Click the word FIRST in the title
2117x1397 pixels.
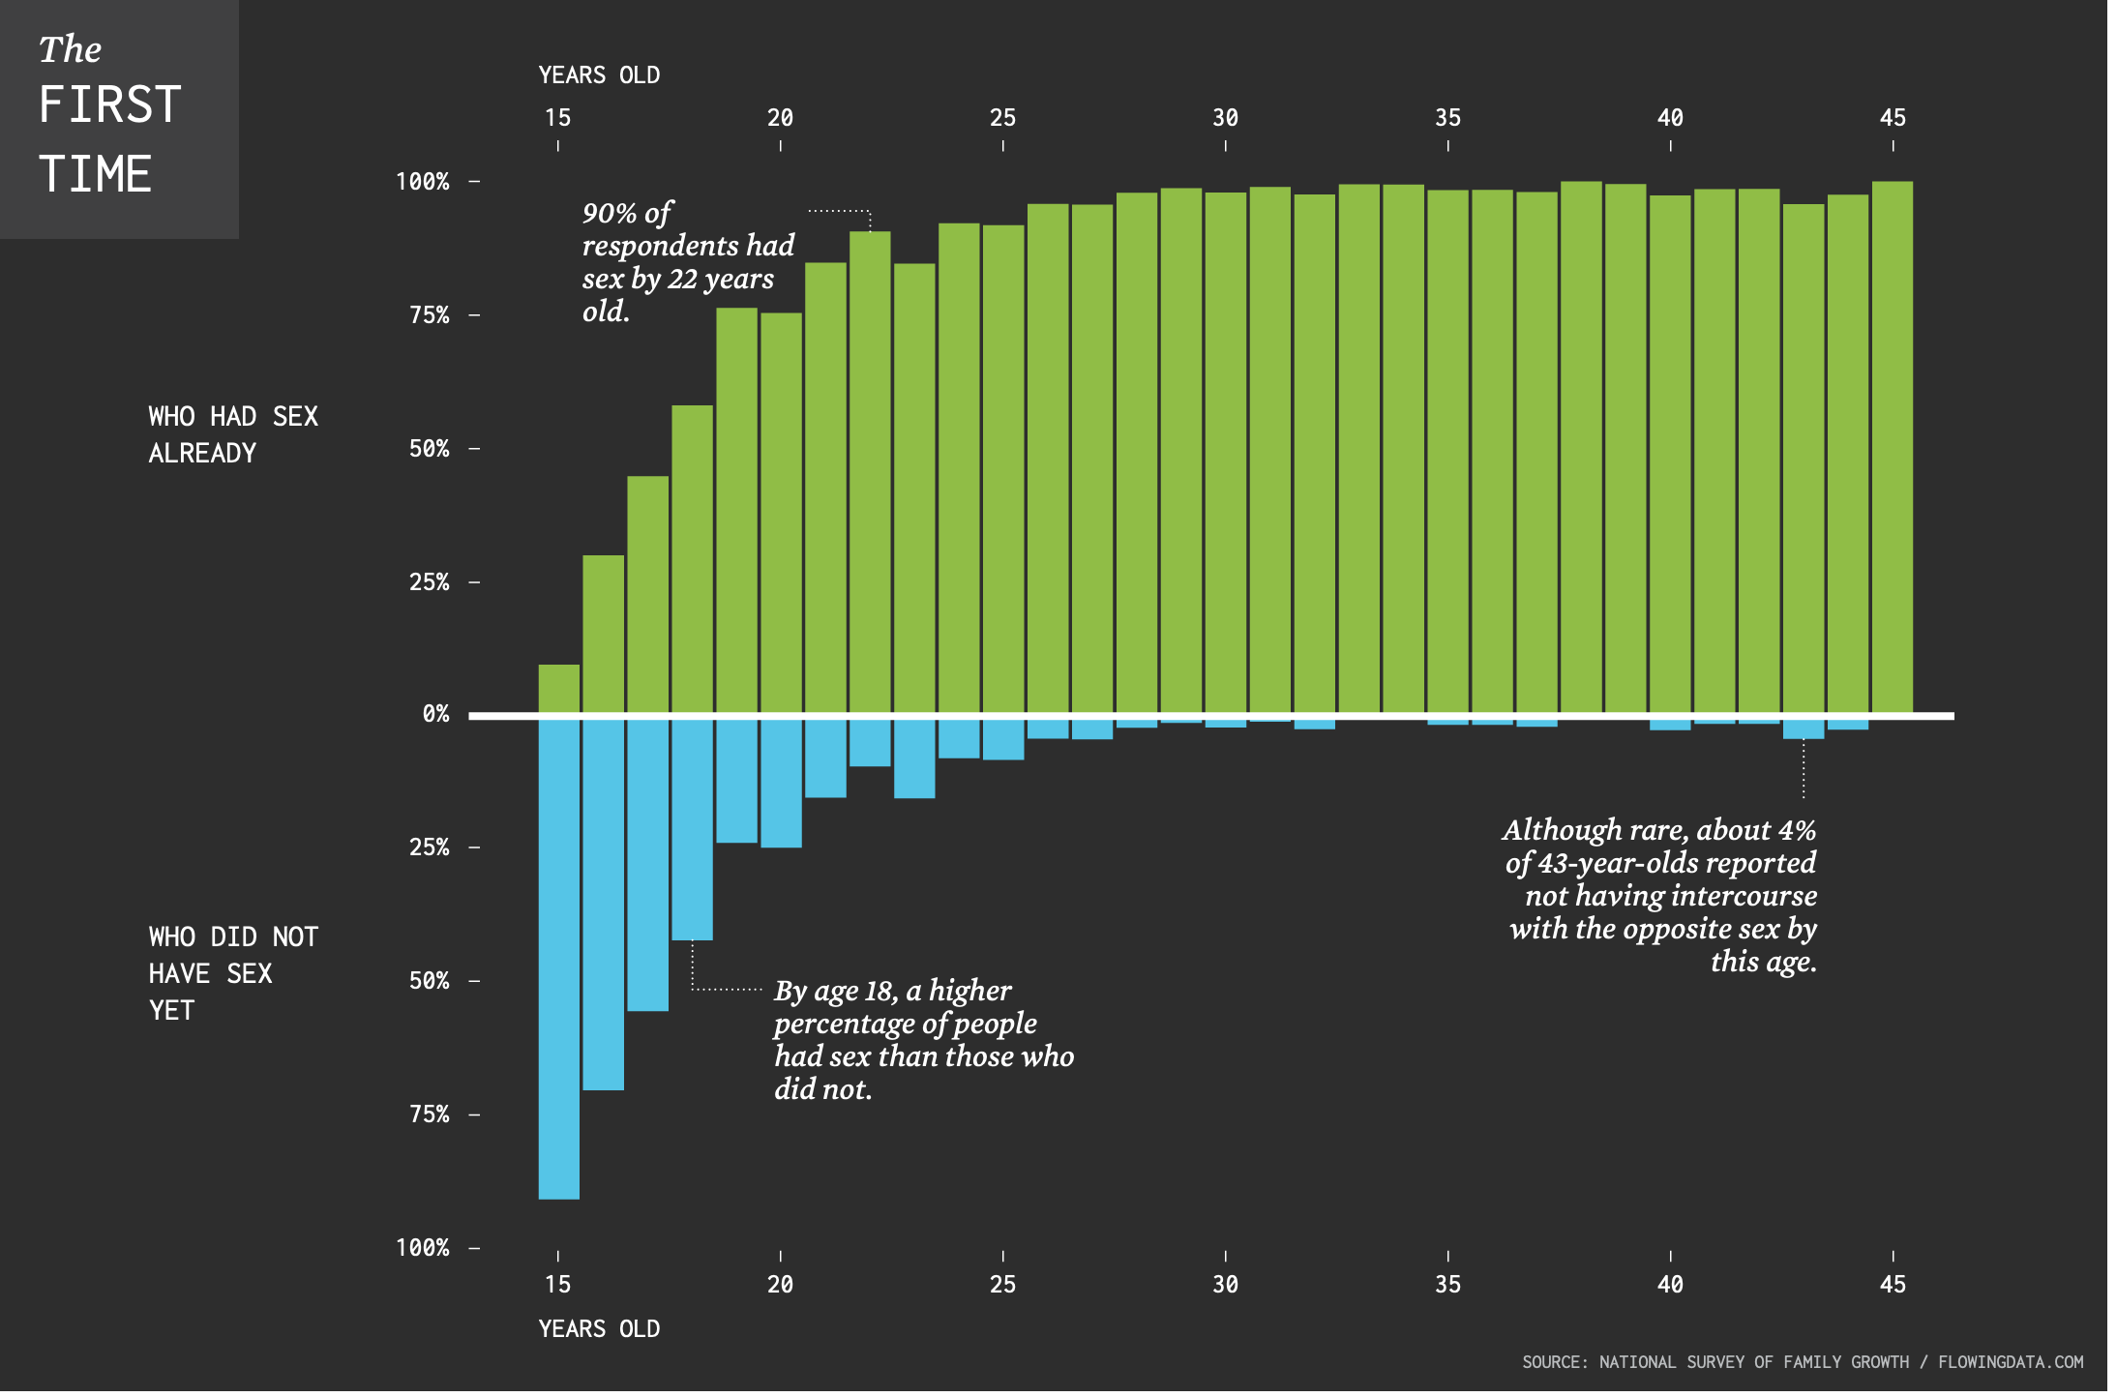(x=109, y=104)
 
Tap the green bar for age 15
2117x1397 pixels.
(x=558, y=689)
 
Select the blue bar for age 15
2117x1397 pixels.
(x=558, y=958)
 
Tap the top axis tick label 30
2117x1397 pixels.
(x=1225, y=118)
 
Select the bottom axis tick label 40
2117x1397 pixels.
(x=1670, y=1285)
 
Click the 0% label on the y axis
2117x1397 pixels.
(x=435, y=714)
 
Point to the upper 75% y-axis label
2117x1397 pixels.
(x=429, y=315)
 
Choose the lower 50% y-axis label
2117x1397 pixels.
(x=429, y=981)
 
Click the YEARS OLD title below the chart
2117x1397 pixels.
(x=599, y=1329)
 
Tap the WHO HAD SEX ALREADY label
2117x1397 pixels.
(x=232, y=434)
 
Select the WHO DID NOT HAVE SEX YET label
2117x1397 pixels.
(x=232, y=973)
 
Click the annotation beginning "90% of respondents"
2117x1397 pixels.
(x=687, y=262)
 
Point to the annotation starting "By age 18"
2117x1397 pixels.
(x=922, y=1040)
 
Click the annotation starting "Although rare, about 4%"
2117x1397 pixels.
(x=1660, y=895)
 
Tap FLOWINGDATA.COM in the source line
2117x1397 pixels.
(x=2010, y=1362)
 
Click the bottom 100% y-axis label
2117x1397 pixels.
(x=422, y=1248)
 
